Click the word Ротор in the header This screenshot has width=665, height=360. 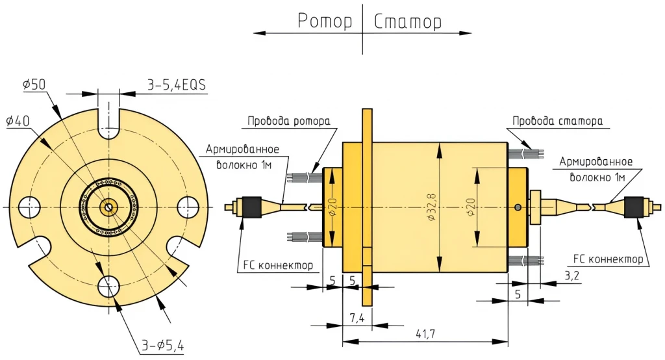click(325, 21)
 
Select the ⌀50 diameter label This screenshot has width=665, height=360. click(34, 84)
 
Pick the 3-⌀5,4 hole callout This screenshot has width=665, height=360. click(162, 346)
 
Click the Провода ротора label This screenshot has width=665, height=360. click(289, 121)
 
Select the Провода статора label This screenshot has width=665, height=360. click(557, 121)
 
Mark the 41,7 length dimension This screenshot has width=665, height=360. click(426, 333)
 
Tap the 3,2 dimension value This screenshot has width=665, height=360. click(572, 276)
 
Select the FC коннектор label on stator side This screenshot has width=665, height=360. click(609, 259)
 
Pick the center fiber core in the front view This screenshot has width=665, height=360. click(108, 207)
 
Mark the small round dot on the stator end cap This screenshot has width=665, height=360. click(517, 207)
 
